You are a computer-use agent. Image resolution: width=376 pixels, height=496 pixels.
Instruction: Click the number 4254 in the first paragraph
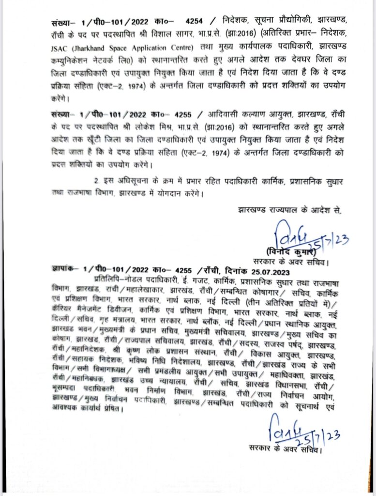196,22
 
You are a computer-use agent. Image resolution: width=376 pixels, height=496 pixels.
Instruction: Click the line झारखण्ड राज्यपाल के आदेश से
289,211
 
